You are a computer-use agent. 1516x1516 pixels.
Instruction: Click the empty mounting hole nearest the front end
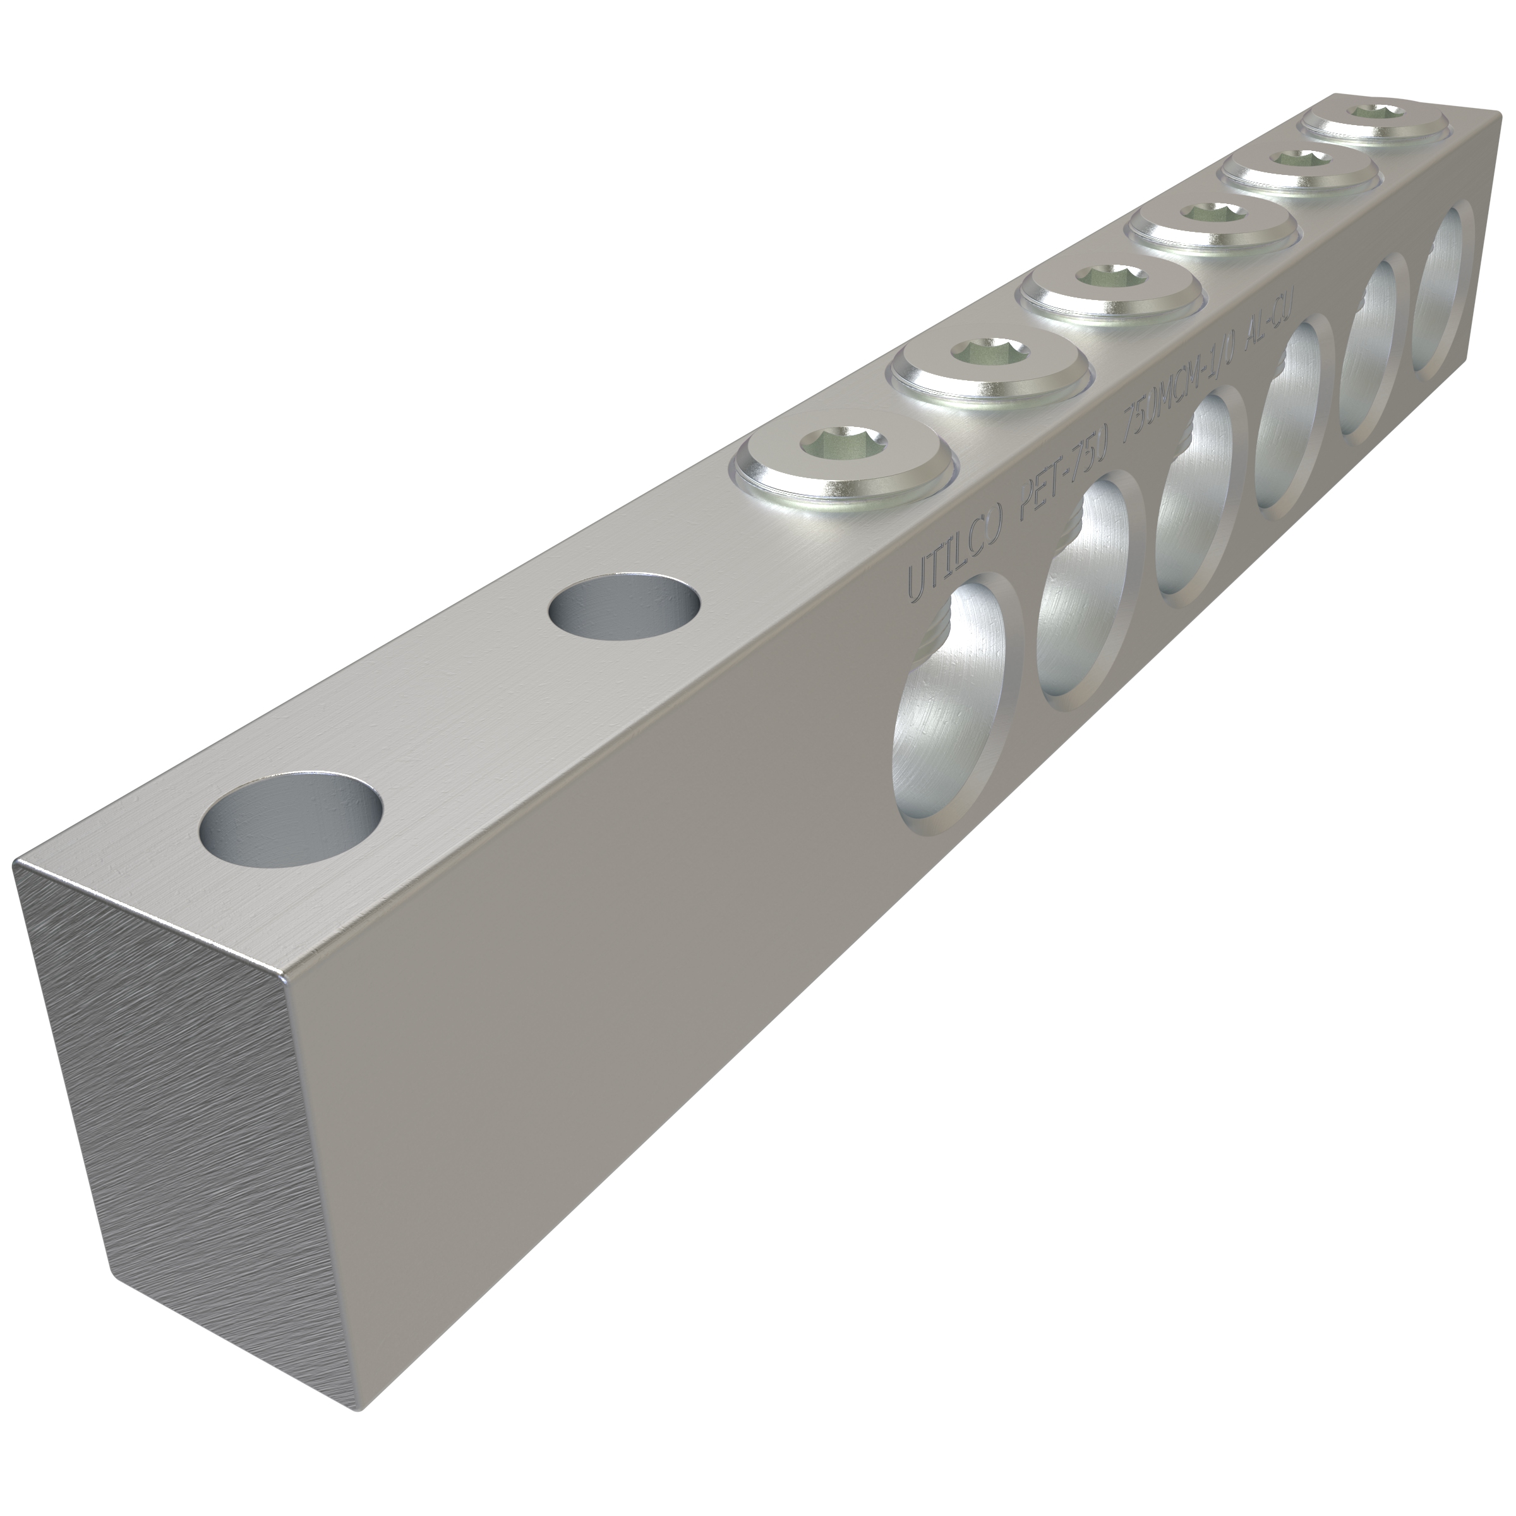click(x=291, y=821)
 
